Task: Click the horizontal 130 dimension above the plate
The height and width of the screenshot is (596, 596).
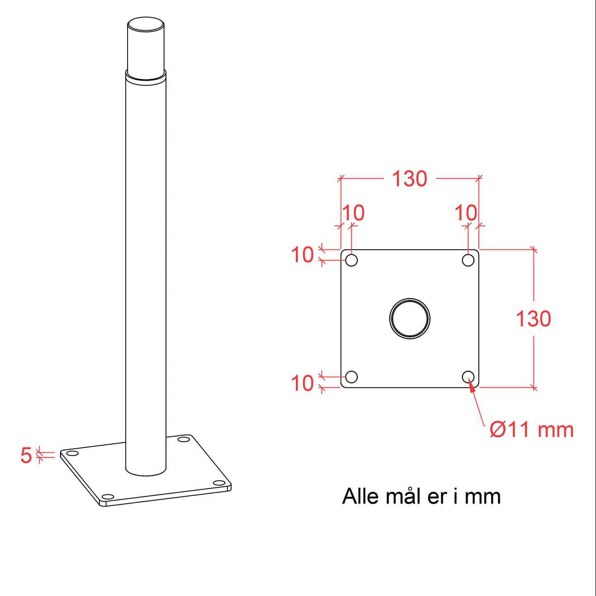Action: click(409, 179)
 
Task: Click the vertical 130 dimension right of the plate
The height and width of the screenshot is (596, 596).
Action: click(533, 319)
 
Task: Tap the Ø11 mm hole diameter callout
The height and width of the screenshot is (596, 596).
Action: click(531, 430)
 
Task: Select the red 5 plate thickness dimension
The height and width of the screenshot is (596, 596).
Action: click(26, 455)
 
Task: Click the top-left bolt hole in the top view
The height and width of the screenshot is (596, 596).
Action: click(351, 260)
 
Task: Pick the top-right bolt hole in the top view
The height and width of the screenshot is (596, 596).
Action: click(468, 260)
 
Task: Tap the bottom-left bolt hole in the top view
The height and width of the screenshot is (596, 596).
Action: click(351, 377)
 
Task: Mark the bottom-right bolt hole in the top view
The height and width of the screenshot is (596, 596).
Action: click(468, 377)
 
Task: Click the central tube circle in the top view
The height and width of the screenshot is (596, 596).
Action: click(409, 299)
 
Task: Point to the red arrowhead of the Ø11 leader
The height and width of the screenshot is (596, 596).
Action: click(472, 386)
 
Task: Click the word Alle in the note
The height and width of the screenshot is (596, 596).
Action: click(360, 496)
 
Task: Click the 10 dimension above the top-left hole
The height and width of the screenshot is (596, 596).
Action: click(353, 213)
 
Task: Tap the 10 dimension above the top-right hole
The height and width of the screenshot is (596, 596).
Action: click(466, 213)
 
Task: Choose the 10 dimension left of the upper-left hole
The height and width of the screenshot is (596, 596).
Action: click(302, 255)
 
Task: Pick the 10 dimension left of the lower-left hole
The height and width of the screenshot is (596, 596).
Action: click(302, 383)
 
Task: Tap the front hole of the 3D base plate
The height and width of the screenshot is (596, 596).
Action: click(108, 497)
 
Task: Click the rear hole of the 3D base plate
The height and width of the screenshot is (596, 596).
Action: click(183, 439)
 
